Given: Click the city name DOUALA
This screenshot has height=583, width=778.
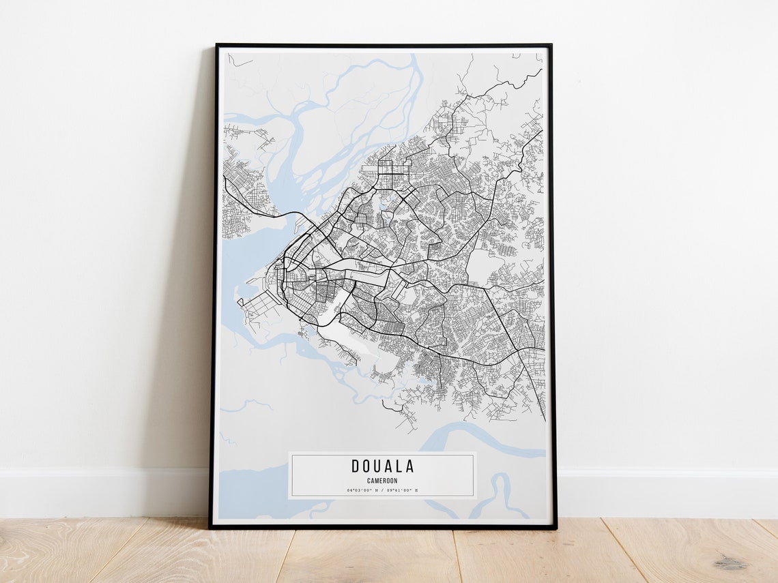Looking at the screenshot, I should pyautogui.click(x=382, y=466).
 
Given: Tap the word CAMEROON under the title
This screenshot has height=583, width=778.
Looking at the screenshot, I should pyautogui.click(x=382, y=481).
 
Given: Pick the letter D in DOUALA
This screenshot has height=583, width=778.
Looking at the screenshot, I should pyautogui.click(x=356, y=466).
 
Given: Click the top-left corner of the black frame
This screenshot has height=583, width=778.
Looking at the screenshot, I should pyautogui.click(x=217, y=46).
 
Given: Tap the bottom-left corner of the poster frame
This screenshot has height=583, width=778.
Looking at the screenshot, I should pyautogui.click(x=211, y=527).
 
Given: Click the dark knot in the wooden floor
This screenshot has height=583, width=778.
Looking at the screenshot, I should pyautogui.click(x=731, y=563).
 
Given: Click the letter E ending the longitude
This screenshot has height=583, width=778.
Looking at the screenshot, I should pyautogui.click(x=416, y=490).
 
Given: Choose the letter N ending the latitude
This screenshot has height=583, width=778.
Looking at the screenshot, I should pyautogui.click(x=374, y=490).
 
